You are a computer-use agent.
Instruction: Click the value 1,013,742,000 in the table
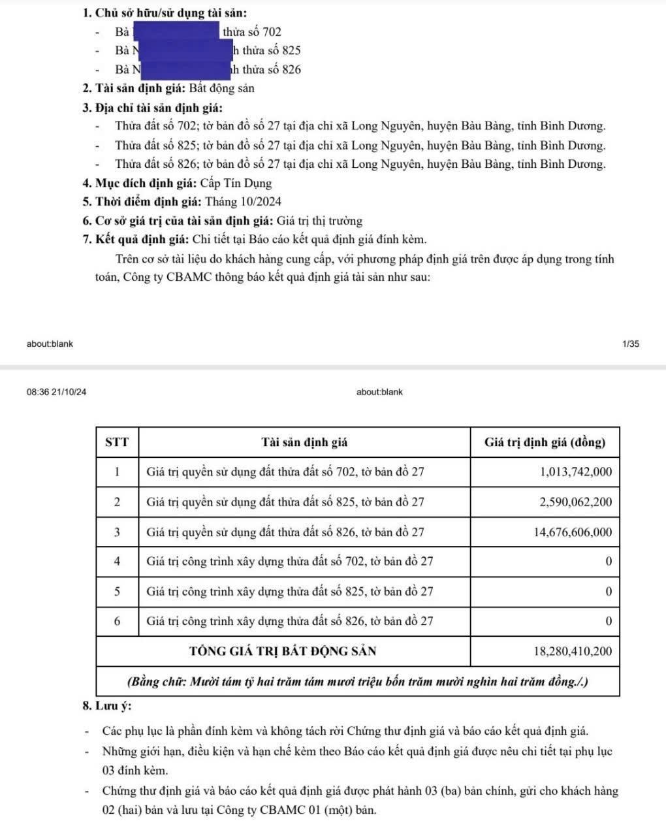(576, 472)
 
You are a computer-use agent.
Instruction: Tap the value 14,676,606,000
(573, 532)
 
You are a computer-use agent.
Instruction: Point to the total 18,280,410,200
(573, 651)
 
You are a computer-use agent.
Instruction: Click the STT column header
(117, 442)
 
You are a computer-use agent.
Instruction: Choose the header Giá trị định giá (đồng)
(545, 442)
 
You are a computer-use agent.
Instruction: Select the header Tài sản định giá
(304, 442)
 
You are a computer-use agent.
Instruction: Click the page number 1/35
(631, 344)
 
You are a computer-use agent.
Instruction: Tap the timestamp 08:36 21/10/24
(56, 392)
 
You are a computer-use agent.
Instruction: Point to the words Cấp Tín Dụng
(236, 183)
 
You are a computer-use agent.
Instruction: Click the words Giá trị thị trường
(319, 221)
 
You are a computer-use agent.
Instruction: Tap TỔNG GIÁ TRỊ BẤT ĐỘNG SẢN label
(283, 651)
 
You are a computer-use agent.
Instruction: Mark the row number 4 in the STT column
(117, 562)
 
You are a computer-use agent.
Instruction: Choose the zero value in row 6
(609, 622)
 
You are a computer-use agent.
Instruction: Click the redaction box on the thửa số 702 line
(176, 31)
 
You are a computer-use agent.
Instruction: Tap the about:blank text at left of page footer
(50, 344)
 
